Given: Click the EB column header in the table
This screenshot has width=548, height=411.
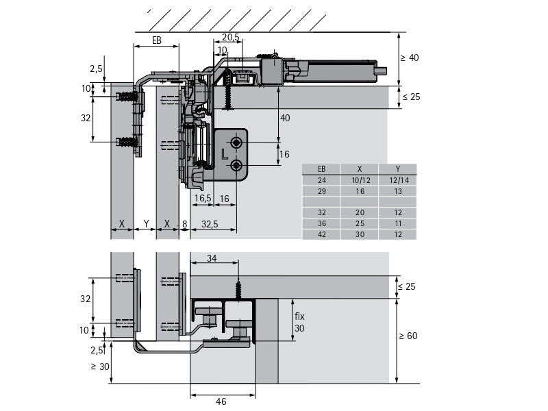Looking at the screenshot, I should click(x=322, y=169).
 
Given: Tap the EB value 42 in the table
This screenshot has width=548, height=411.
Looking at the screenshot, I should click(x=322, y=234).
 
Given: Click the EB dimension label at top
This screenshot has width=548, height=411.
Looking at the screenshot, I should click(x=156, y=41).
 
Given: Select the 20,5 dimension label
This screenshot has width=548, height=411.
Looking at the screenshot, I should click(x=231, y=38).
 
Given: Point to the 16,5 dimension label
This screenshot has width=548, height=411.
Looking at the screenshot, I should click(x=202, y=199).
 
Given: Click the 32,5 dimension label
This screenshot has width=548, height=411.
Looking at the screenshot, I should click(x=210, y=223).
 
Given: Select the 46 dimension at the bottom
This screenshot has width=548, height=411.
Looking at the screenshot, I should click(x=221, y=402).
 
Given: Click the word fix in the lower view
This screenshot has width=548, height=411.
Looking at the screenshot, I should click(x=299, y=317).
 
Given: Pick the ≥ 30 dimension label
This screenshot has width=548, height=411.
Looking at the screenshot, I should click(x=99, y=366).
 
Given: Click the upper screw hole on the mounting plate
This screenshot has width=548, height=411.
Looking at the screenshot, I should click(x=236, y=142).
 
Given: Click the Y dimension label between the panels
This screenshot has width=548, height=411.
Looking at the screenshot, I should click(x=145, y=223).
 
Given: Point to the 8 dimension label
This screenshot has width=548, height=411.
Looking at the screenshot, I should click(x=184, y=223).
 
